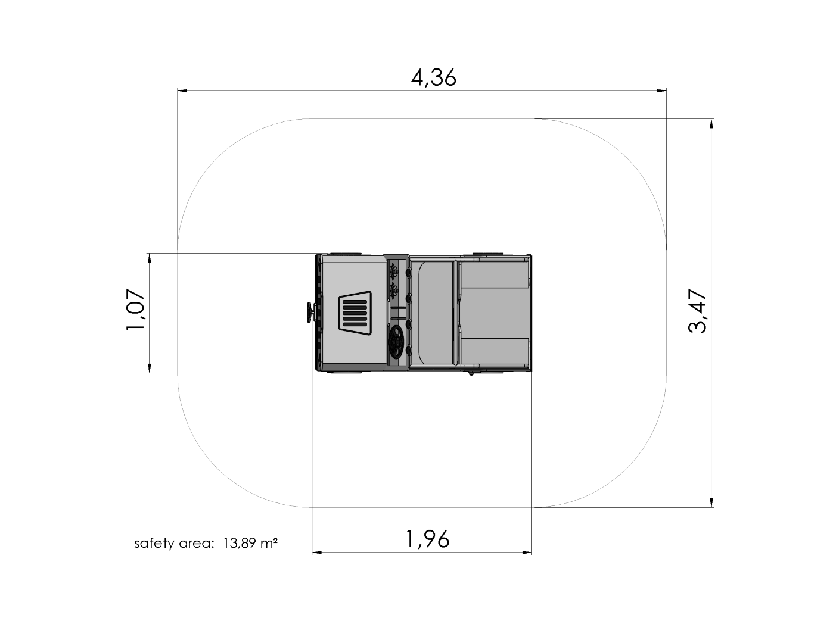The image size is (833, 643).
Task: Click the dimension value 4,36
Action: (434, 78)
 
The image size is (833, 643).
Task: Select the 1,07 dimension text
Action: (135, 310)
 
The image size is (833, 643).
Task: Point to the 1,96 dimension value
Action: (427, 539)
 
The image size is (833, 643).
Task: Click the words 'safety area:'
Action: (173, 543)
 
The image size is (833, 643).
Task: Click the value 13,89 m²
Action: (250, 543)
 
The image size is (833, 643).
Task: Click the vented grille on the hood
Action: (355, 313)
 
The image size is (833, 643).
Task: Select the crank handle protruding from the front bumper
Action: (310, 313)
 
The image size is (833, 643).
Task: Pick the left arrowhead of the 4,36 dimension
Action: (182, 90)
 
